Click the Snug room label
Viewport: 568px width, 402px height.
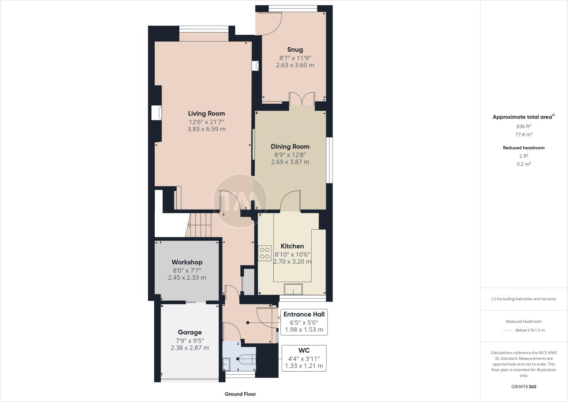295,50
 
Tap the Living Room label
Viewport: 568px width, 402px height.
206,113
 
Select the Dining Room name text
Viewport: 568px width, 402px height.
290,146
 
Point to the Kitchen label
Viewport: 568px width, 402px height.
292,246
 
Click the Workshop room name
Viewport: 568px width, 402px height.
187,262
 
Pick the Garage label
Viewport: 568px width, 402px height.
190,332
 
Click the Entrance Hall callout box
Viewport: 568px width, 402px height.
304,322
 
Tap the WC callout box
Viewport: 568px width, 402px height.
304,358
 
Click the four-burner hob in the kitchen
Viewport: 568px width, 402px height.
265,253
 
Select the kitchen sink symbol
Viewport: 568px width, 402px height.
293,289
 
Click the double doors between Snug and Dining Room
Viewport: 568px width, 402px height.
302,99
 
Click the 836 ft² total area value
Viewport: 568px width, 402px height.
524,126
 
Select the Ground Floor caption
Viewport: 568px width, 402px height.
240,394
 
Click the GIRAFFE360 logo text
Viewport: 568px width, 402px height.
524,387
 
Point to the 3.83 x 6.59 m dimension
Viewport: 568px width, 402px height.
206,129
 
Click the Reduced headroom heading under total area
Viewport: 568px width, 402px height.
524,148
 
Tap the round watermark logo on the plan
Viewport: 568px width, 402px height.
240,200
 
